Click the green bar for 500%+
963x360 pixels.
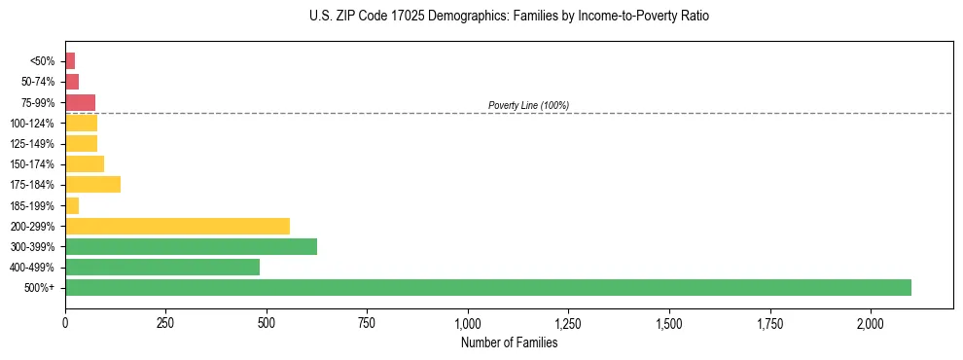tap(487, 287)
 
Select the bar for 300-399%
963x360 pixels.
tap(191, 246)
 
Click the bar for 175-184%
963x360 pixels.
tap(92, 184)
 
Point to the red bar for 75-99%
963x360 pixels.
tap(80, 102)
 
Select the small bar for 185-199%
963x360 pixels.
tap(72, 205)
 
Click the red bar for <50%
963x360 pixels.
tap(70, 60)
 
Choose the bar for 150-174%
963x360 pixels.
tap(85, 163)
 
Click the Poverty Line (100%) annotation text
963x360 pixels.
tap(528, 105)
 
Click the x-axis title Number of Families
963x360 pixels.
tap(509, 342)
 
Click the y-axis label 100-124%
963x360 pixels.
tap(32, 124)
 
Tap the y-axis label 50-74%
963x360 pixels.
tap(37, 82)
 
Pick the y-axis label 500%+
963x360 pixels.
tap(40, 288)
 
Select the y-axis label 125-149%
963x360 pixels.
tap(32, 144)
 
